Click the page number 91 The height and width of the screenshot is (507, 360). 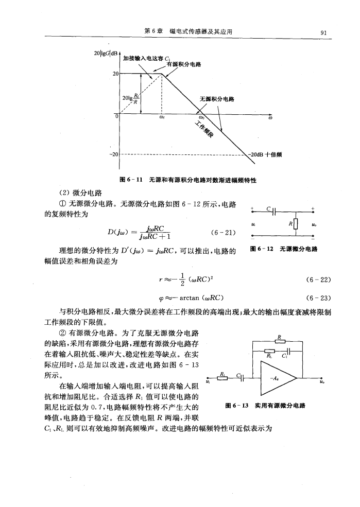[323, 33]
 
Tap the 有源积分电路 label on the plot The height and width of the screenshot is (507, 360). [184, 64]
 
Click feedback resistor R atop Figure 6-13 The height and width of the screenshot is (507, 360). [279, 342]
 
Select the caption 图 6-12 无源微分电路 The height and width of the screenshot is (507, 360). [282, 250]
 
